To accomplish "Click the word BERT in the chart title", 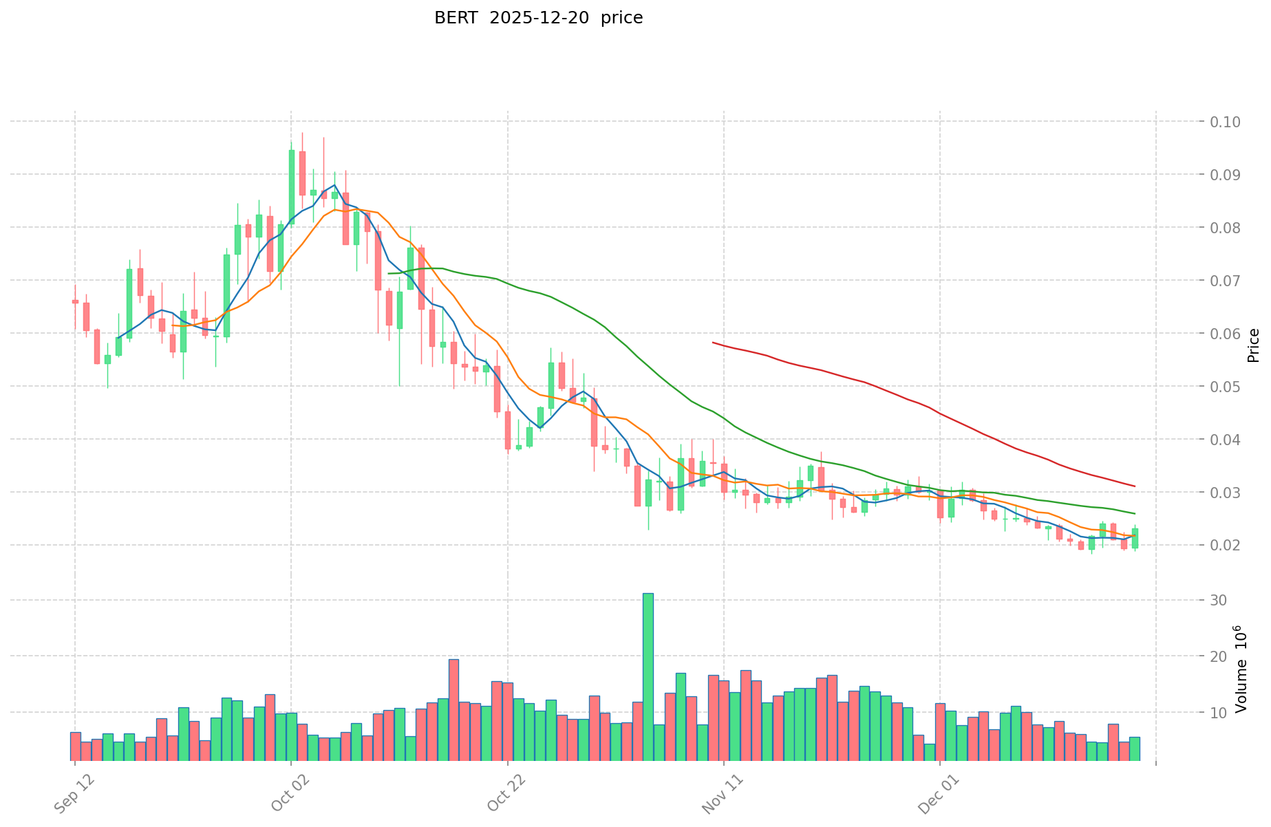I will [x=456, y=19].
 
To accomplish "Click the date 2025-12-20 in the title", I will [x=539, y=19].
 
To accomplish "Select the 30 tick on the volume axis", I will [x=1219, y=601].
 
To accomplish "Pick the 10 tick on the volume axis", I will [x=1219, y=713].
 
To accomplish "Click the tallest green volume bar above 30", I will [x=648, y=677].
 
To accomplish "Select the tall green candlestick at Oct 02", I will [x=291, y=186].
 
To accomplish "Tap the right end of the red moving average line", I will [x=1135, y=486].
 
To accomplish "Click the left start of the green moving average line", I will [x=389, y=274].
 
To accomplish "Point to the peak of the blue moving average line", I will [x=334, y=185].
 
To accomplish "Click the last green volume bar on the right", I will [x=1134, y=749].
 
